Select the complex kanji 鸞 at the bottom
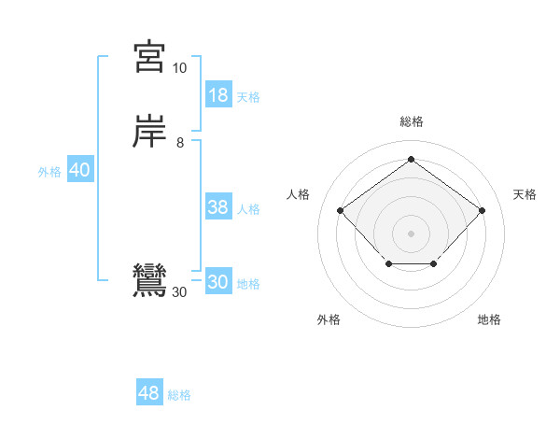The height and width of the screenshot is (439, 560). click(x=149, y=281)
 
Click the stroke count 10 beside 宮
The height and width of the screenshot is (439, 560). click(x=179, y=68)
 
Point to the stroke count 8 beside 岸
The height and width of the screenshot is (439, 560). click(x=179, y=143)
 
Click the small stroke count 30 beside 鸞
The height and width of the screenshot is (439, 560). click(x=179, y=292)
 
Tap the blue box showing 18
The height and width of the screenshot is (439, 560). click(x=218, y=95)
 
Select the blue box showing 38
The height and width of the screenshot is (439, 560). click(x=218, y=208)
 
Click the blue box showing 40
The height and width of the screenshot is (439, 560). click(x=79, y=171)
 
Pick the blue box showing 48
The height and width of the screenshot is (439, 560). click(x=149, y=393)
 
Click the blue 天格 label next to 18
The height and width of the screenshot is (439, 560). click(x=248, y=97)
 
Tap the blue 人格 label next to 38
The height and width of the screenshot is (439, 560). click(x=248, y=209)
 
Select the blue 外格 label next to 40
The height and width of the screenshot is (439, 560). click(x=49, y=172)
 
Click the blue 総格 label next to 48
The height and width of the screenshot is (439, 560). click(x=179, y=395)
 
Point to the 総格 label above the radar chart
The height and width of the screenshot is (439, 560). click(x=411, y=121)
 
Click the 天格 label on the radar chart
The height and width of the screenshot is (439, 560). click(x=525, y=194)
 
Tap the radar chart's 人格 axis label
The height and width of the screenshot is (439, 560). click(x=299, y=194)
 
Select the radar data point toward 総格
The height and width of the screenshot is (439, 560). click(x=411, y=158)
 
